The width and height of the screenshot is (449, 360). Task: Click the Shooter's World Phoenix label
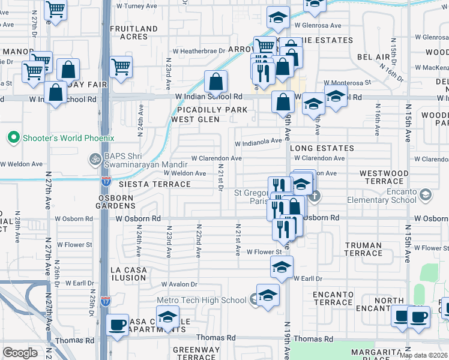pyautogui.click(x=68, y=138)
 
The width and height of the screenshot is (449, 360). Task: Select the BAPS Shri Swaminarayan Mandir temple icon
pyautogui.click(x=94, y=160)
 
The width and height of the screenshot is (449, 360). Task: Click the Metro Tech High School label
pyautogui.click(x=203, y=300)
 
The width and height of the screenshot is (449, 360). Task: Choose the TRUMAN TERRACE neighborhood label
pyautogui.click(x=364, y=249)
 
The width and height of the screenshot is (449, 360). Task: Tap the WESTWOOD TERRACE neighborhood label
pyautogui.click(x=384, y=177)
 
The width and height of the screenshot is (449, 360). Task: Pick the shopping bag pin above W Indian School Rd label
pyautogui.click(x=215, y=82)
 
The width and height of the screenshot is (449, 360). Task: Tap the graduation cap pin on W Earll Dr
pyautogui.click(x=281, y=266)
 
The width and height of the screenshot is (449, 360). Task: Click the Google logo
pyautogui.click(x=20, y=353)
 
